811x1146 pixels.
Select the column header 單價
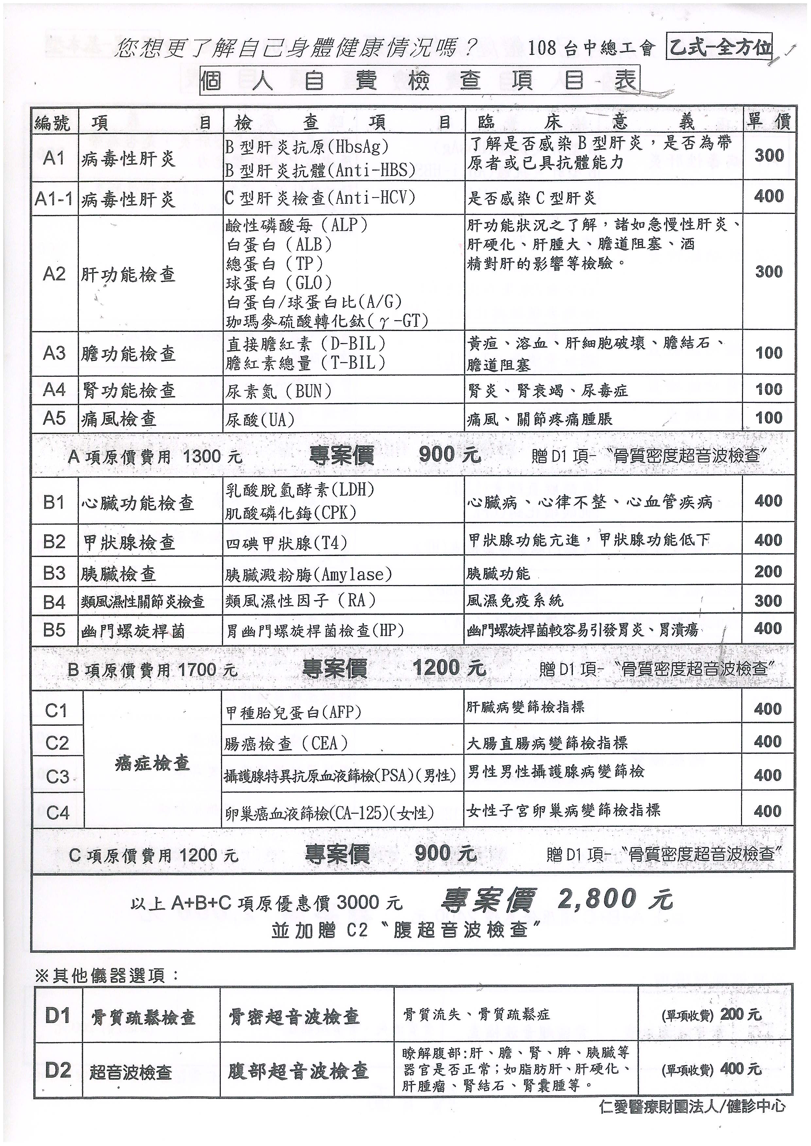768,121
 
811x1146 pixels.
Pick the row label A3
54,353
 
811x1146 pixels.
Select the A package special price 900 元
449,454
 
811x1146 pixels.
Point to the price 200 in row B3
768,571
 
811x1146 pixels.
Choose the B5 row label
54,630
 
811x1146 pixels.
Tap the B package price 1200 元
449,668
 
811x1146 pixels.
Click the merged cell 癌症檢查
152,763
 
